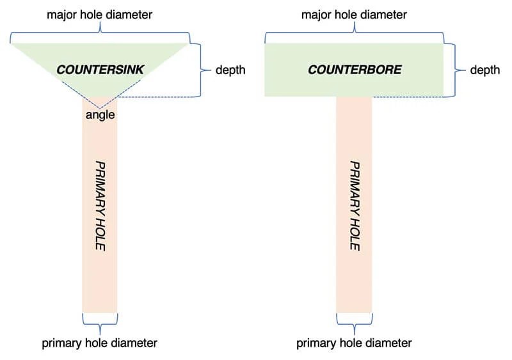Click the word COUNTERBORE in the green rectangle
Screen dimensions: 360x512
[x=355, y=69]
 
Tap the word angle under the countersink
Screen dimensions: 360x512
[x=100, y=115]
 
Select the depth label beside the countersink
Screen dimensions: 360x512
[x=230, y=70]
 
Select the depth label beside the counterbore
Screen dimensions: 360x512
[x=484, y=70]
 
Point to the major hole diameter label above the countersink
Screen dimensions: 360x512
[x=100, y=14]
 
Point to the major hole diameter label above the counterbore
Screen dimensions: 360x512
[x=355, y=14]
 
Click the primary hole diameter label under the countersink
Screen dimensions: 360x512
[x=100, y=343]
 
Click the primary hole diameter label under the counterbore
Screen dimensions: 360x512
[x=354, y=343]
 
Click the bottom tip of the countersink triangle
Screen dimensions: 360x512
[x=100, y=106]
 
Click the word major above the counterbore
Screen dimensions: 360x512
[x=317, y=14]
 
